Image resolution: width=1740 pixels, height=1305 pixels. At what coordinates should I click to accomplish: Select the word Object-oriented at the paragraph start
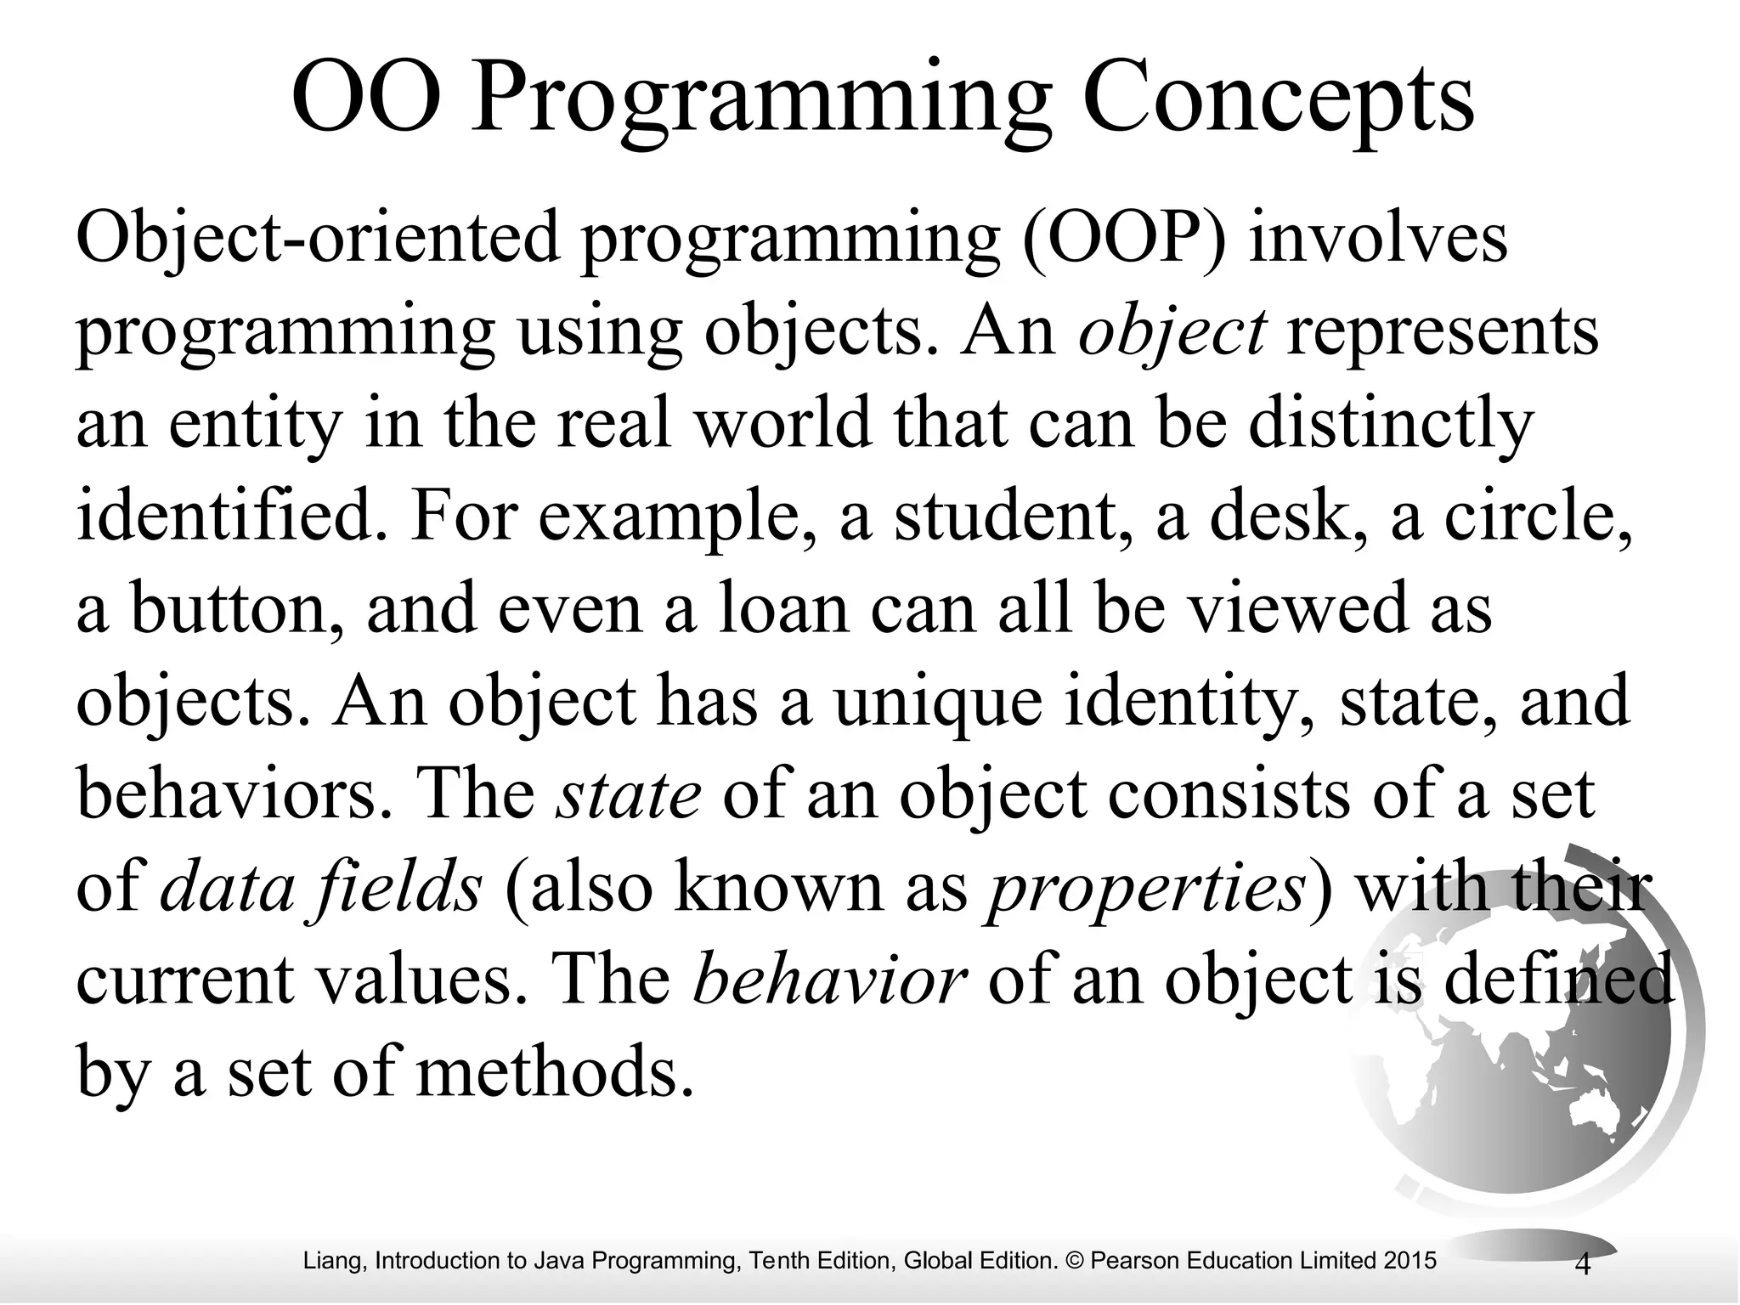pyautogui.click(x=317, y=239)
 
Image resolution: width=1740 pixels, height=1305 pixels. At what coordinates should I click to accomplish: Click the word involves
pyautogui.click(x=1377, y=239)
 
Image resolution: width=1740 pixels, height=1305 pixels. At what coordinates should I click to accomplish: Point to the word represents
pyautogui.click(x=1442, y=332)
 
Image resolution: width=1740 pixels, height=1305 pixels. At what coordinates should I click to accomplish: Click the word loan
pyautogui.click(x=782, y=609)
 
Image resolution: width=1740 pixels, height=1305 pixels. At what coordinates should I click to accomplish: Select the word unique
pyautogui.click(x=938, y=702)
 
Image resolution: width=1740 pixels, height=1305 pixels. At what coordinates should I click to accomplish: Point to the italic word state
pyautogui.click(x=628, y=794)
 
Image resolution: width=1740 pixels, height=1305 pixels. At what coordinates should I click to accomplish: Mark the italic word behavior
pyautogui.click(x=829, y=980)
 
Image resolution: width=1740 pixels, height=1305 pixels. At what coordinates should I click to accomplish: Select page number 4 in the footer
pyautogui.click(x=1582, y=1265)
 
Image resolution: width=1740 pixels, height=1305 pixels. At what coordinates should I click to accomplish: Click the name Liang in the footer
pyautogui.click(x=333, y=1261)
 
